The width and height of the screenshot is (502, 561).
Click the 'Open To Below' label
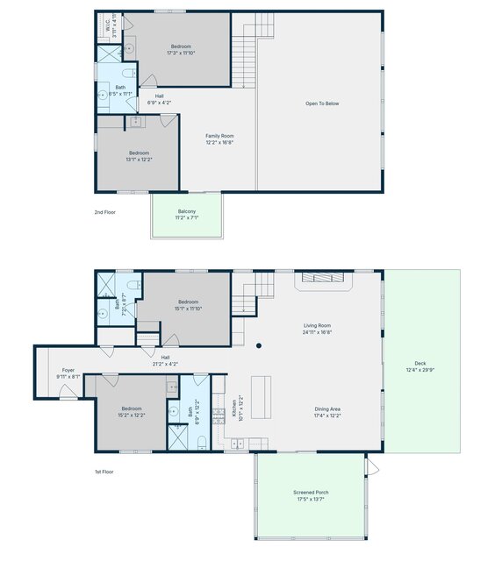(322, 103)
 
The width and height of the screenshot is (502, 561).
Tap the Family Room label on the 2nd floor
(219, 136)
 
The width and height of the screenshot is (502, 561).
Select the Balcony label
(187, 211)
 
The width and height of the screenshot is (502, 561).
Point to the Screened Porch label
(311, 493)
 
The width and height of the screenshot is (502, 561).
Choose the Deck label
(420, 364)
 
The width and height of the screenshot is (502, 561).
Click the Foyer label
(68, 371)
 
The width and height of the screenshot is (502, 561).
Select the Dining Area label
(328, 408)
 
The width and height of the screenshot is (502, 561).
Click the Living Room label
(316, 326)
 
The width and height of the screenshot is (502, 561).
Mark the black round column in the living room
(259, 345)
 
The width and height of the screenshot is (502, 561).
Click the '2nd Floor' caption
(104, 212)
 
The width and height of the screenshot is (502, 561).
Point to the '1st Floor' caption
(104, 472)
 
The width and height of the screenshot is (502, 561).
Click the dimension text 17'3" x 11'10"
(181, 53)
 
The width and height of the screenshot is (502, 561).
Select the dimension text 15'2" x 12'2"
(132, 415)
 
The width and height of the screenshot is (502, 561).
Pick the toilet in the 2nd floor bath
(127, 74)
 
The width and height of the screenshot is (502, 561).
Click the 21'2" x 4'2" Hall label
(164, 364)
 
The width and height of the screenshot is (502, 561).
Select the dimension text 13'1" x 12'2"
(139, 160)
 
